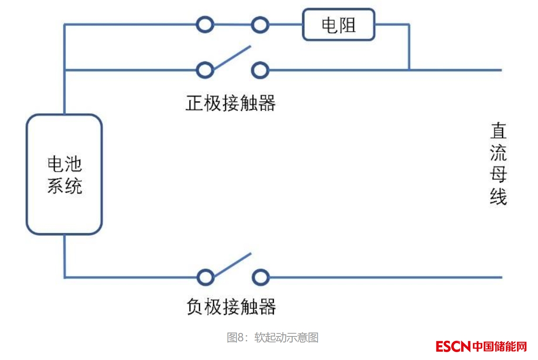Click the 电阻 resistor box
[338, 25]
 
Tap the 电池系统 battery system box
[64, 174]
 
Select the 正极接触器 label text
[231, 104]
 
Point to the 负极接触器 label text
[231, 307]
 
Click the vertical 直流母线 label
[498, 164]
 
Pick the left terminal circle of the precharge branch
[205, 25]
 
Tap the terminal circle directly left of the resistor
[260, 25]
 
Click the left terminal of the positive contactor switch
[205, 70]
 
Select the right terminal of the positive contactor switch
[260, 70]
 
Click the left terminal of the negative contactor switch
[205, 277]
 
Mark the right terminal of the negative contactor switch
[260, 277]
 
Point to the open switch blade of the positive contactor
[232, 57]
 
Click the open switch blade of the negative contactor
[232, 265]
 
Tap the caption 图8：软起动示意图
[272, 337]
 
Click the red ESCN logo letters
[453, 346]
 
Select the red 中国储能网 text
[500, 346]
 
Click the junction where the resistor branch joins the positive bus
[409, 70]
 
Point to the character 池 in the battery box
[73, 164]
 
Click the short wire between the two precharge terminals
[232, 25]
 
